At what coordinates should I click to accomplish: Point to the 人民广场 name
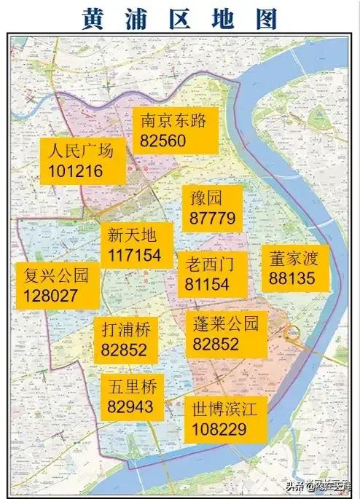pos(81,152)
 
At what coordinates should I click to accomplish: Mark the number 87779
pos(211,218)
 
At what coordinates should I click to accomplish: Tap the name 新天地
pos(132,236)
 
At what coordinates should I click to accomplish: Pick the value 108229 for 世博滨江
pos(219,429)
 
